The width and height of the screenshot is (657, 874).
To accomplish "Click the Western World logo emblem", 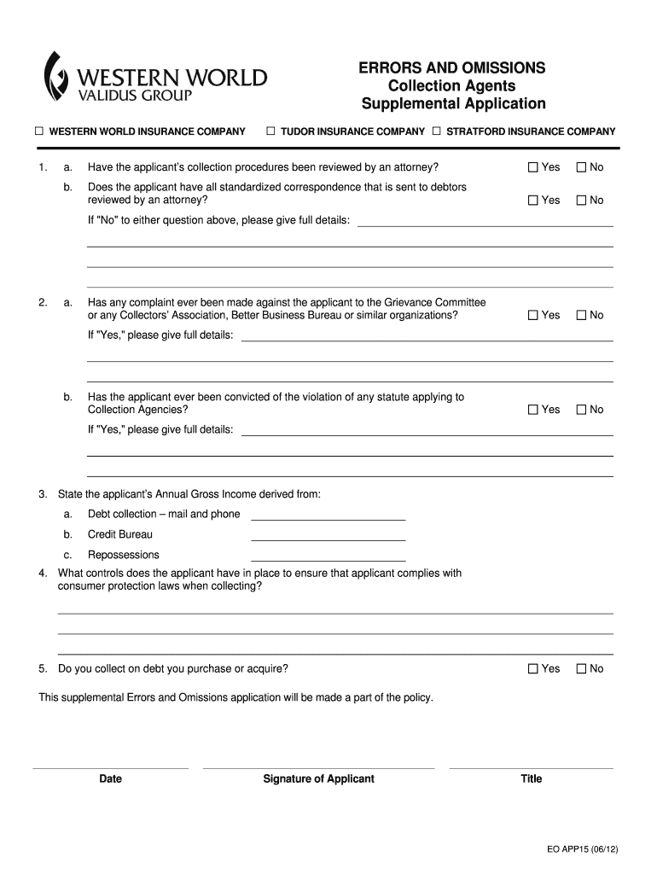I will click(56, 76).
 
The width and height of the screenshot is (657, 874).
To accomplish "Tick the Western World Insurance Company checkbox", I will click(38, 131).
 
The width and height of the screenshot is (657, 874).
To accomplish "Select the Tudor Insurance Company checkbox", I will click(270, 131).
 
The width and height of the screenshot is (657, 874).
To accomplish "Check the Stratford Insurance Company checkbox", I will click(436, 131).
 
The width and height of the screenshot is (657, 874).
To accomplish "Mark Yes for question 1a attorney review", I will click(533, 167).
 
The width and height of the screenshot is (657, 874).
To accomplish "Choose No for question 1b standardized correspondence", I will click(582, 201).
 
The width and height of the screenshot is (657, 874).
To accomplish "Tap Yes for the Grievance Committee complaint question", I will click(533, 316).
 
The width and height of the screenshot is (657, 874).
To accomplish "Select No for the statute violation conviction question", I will click(582, 410).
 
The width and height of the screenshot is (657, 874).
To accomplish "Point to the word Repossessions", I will click(123, 555).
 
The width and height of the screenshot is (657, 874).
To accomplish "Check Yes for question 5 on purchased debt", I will click(533, 669).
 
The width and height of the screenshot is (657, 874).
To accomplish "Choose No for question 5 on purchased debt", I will click(582, 669).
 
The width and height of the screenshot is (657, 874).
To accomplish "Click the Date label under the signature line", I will click(110, 778).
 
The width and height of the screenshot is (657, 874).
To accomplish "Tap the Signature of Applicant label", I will click(318, 778).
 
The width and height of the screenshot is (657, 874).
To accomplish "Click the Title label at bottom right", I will click(531, 778).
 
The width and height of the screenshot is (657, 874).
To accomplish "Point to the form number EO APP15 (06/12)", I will click(581, 850).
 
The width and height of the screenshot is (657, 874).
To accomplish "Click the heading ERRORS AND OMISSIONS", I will click(452, 68).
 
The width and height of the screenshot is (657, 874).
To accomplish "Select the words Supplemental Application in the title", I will click(453, 104).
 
